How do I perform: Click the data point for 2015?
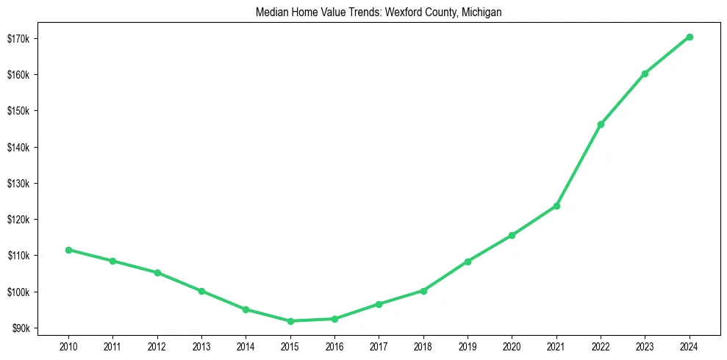(x=290, y=321)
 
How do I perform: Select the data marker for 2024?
(x=690, y=37)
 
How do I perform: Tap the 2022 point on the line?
(x=601, y=124)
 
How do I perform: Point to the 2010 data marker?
(x=68, y=250)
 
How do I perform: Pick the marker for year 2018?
(x=423, y=290)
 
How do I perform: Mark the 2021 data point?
(x=556, y=206)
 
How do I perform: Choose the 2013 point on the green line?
(x=201, y=291)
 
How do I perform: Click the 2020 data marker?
(x=512, y=235)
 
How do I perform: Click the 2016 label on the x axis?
(x=334, y=345)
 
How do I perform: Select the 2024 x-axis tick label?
(x=690, y=345)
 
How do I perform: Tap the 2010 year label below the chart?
(x=68, y=345)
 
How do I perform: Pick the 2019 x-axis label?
(x=468, y=345)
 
